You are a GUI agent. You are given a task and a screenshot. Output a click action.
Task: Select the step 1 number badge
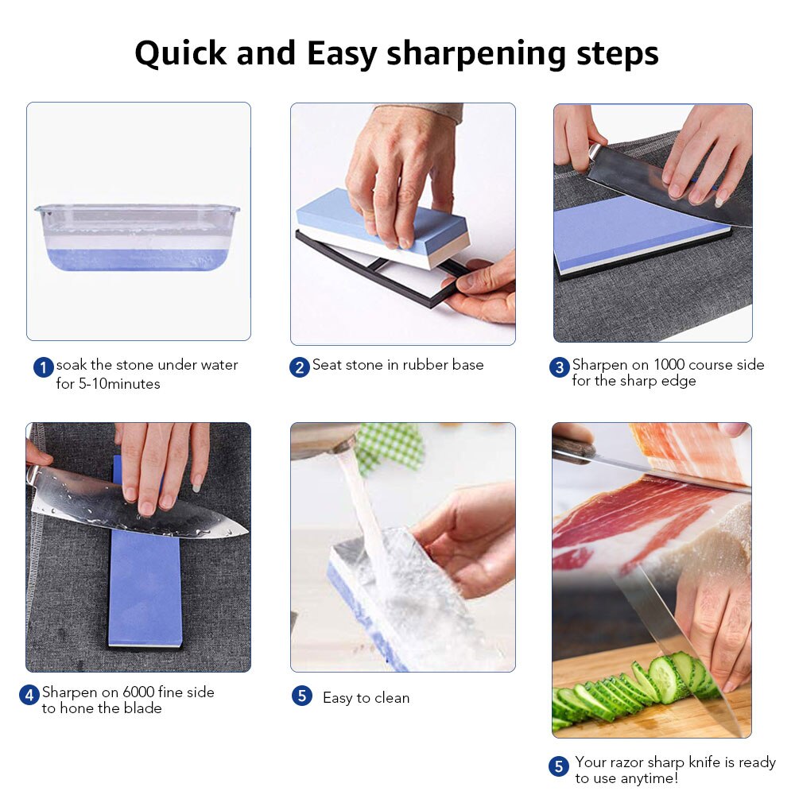click(x=43, y=367)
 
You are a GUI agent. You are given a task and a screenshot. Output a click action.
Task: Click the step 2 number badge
click(x=299, y=367)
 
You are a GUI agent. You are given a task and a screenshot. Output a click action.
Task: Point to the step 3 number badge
click(x=560, y=367)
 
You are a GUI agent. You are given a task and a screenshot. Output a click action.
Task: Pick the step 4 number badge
click(x=29, y=695)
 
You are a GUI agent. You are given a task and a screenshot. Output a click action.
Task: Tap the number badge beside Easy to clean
click(x=301, y=696)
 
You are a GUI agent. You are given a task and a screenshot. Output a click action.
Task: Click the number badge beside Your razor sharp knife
click(x=560, y=766)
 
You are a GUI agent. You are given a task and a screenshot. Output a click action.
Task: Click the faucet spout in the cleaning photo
click(x=323, y=440)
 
